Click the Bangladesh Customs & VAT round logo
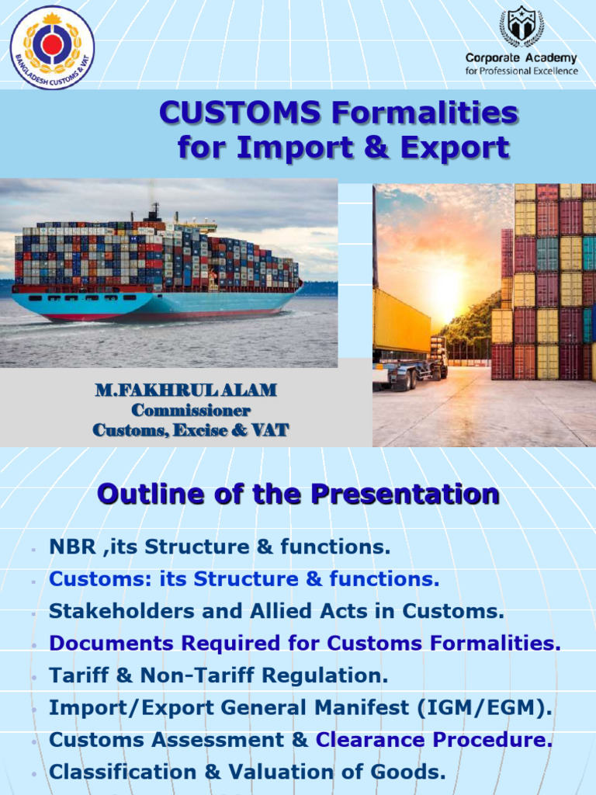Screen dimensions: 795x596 pos(52,47)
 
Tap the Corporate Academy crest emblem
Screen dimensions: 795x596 pos(521,26)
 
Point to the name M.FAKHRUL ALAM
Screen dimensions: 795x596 pos(185,391)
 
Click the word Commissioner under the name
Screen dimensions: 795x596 pos(191,410)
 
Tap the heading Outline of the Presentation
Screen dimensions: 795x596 pos(298,494)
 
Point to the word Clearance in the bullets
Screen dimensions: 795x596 pos(369,740)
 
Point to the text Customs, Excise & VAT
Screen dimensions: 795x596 pos(191,429)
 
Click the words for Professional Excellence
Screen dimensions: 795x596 pos(521,71)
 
